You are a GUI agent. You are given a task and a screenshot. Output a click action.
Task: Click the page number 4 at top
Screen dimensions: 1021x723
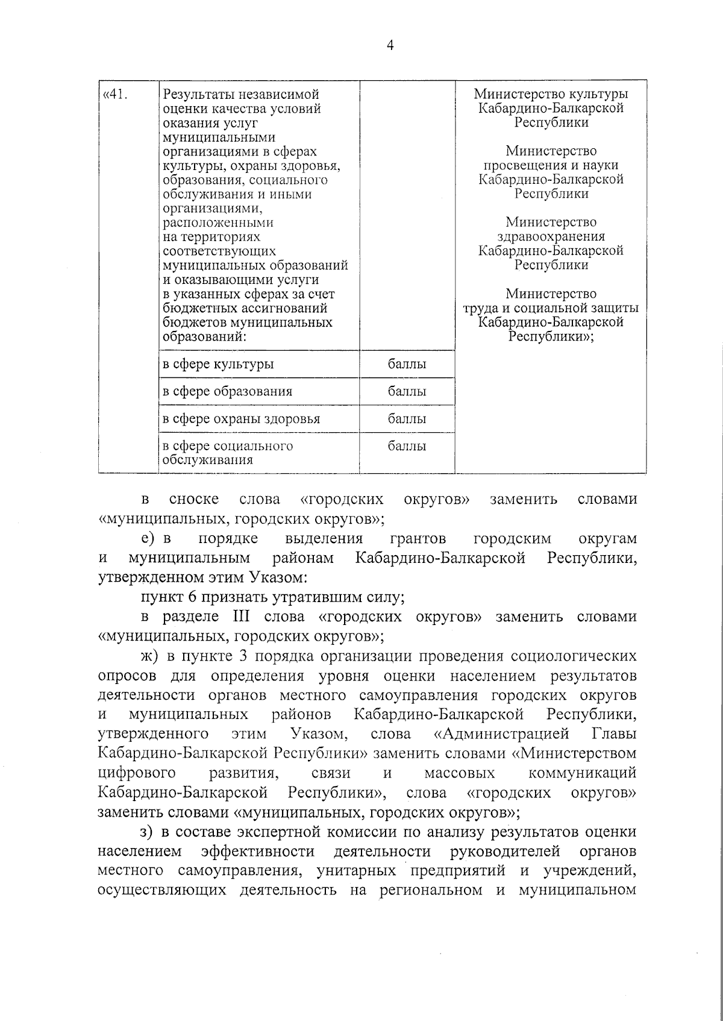coord(390,46)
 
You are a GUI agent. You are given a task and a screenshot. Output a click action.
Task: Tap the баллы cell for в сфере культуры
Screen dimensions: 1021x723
coord(407,364)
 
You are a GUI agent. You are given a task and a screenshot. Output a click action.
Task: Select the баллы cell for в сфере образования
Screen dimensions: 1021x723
coord(407,391)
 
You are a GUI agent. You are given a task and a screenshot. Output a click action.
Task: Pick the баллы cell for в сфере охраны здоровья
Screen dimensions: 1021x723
coord(407,418)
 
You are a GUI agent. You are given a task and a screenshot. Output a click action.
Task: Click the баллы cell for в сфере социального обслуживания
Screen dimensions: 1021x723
coord(407,446)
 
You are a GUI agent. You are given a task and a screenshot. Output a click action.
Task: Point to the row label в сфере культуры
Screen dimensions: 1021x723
coord(218,364)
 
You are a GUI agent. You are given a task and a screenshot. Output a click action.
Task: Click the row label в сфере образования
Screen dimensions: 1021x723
coord(228,391)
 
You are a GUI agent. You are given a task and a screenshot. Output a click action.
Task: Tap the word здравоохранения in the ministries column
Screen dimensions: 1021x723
coord(551,236)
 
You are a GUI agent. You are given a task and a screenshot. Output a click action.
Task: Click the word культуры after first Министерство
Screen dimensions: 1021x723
coord(601,95)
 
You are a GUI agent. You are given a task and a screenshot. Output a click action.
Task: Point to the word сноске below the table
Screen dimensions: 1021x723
coord(194,499)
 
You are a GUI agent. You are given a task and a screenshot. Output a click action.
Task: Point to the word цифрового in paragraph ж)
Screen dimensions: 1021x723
coord(137,773)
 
